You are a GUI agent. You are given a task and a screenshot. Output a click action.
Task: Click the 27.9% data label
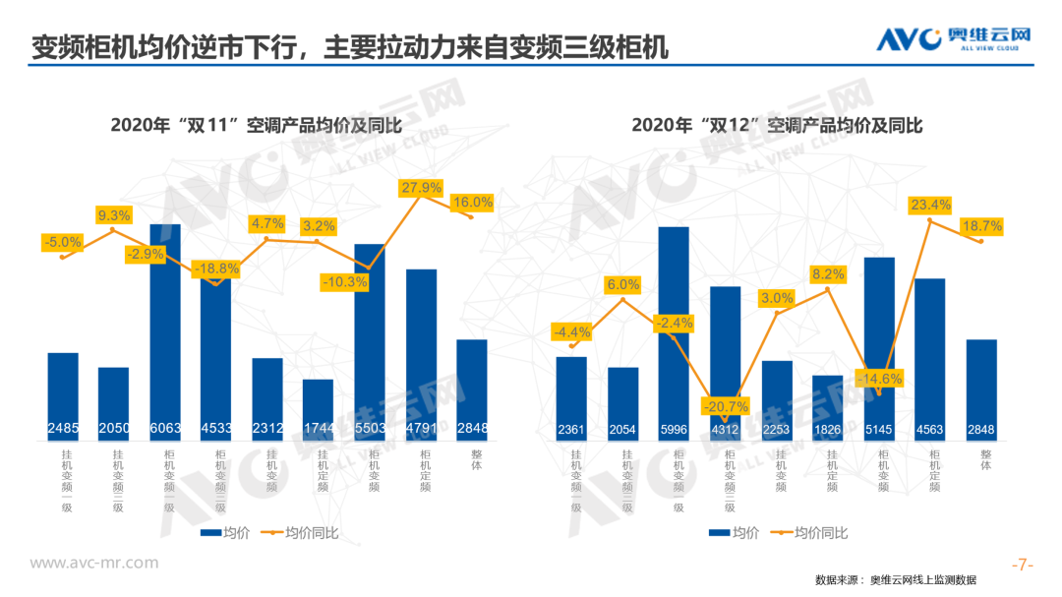[x=421, y=187]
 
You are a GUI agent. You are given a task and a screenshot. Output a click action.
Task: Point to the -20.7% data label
[x=725, y=405]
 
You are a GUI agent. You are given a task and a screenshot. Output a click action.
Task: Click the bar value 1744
[x=319, y=429]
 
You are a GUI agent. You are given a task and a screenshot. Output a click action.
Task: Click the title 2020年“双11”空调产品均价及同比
[x=258, y=125]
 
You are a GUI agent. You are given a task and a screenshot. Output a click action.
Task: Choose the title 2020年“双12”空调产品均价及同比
[x=777, y=125]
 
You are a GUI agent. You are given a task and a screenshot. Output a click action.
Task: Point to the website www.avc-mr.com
[x=93, y=563]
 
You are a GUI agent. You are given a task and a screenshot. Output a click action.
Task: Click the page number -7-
[x=1025, y=565]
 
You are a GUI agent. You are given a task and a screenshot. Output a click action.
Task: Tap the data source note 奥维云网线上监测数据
[x=922, y=579]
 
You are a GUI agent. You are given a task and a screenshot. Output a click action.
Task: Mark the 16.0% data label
[x=472, y=203]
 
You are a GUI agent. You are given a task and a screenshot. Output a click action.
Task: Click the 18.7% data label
[x=980, y=226]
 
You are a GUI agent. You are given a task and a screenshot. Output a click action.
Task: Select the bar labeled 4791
[x=421, y=354]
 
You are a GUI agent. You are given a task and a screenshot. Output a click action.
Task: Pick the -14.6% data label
[x=878, y=378]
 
